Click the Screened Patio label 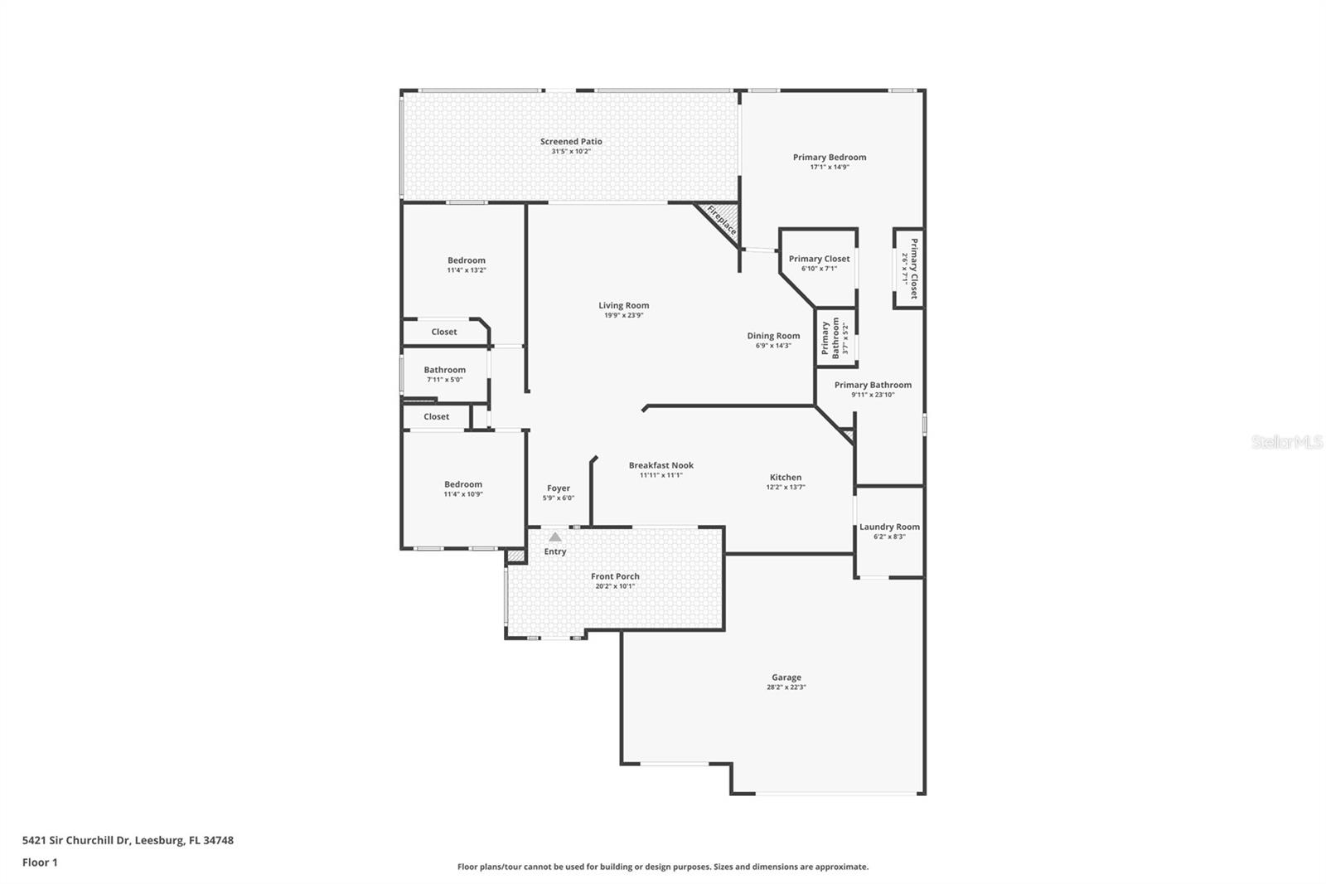[571, 142]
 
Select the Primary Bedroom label [829, 158]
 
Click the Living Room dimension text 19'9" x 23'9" [623, 315]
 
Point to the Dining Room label [773, 336]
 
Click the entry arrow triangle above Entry [555, 537]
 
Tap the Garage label [786, 678]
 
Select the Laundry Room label [889, 527]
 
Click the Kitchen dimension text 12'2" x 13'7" [786, 488]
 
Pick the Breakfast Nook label [661, 465]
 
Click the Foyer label [558, 488]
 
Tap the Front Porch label [615, 576]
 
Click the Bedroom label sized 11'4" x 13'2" [466, 260]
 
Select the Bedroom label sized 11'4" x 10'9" [462, 484]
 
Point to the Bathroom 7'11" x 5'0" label [444, 370]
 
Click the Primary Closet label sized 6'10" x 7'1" [819, 259]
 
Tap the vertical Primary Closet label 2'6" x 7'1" [914, 269]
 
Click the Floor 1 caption [40, 862]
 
